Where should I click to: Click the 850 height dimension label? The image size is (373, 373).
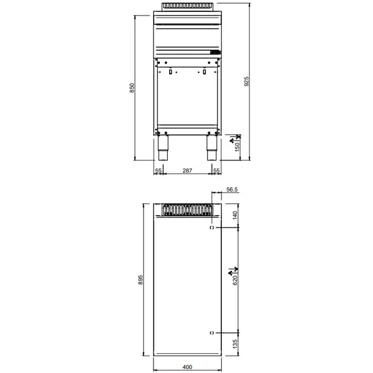click(x=132, y=89)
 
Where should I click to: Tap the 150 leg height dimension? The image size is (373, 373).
click(x=237, y=149)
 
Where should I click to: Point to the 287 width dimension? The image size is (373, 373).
click(x=186, y=170)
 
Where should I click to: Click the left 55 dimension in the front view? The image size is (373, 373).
click(x=158, y=170)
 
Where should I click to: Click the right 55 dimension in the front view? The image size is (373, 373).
click(x=216, y=170)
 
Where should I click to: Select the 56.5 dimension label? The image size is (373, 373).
click(x=233, y=190)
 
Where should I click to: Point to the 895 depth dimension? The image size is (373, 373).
click(x=141, y=280)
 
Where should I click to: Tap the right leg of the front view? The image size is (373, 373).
click(x=211, y=144)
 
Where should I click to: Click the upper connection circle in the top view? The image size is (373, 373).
click(x=211, y=228)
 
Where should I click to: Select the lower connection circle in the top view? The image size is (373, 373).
click(x=211, y=333)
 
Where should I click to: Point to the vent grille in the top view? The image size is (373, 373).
click(x=186, y=210)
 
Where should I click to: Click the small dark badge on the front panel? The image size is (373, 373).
click(x=215, y=52)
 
